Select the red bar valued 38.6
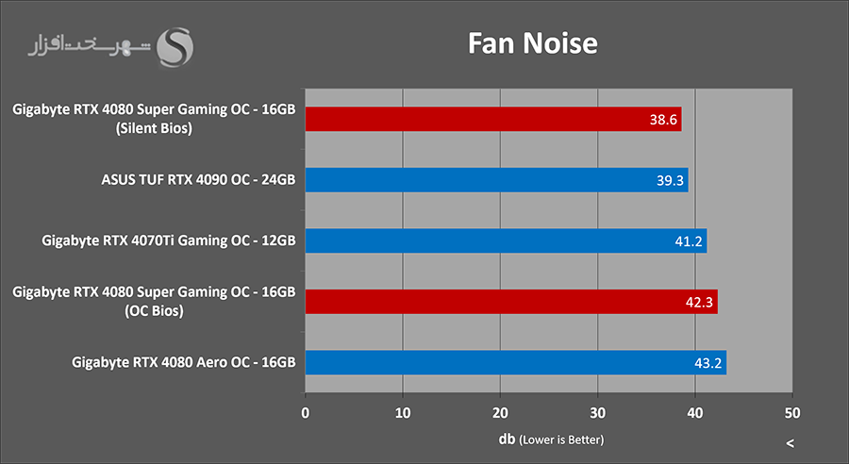(492, 119)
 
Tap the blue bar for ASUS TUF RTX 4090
(496, 180)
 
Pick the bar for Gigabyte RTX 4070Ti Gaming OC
(506, 241)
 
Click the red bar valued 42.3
(510, 302)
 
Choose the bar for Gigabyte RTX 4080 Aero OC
(515, 363)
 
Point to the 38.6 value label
(662, 119)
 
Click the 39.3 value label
(669, 180)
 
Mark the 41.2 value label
(688, 241)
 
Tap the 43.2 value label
(707, 363)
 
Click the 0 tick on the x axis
(306, 412)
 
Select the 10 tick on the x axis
(403, 412)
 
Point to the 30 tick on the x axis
(597, 412)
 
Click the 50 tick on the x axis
(792, 412)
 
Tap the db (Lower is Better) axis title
(551, 439)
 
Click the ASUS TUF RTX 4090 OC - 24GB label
(198, 180)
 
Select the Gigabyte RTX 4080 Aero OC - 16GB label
(184, 363)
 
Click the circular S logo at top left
(176, 47)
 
